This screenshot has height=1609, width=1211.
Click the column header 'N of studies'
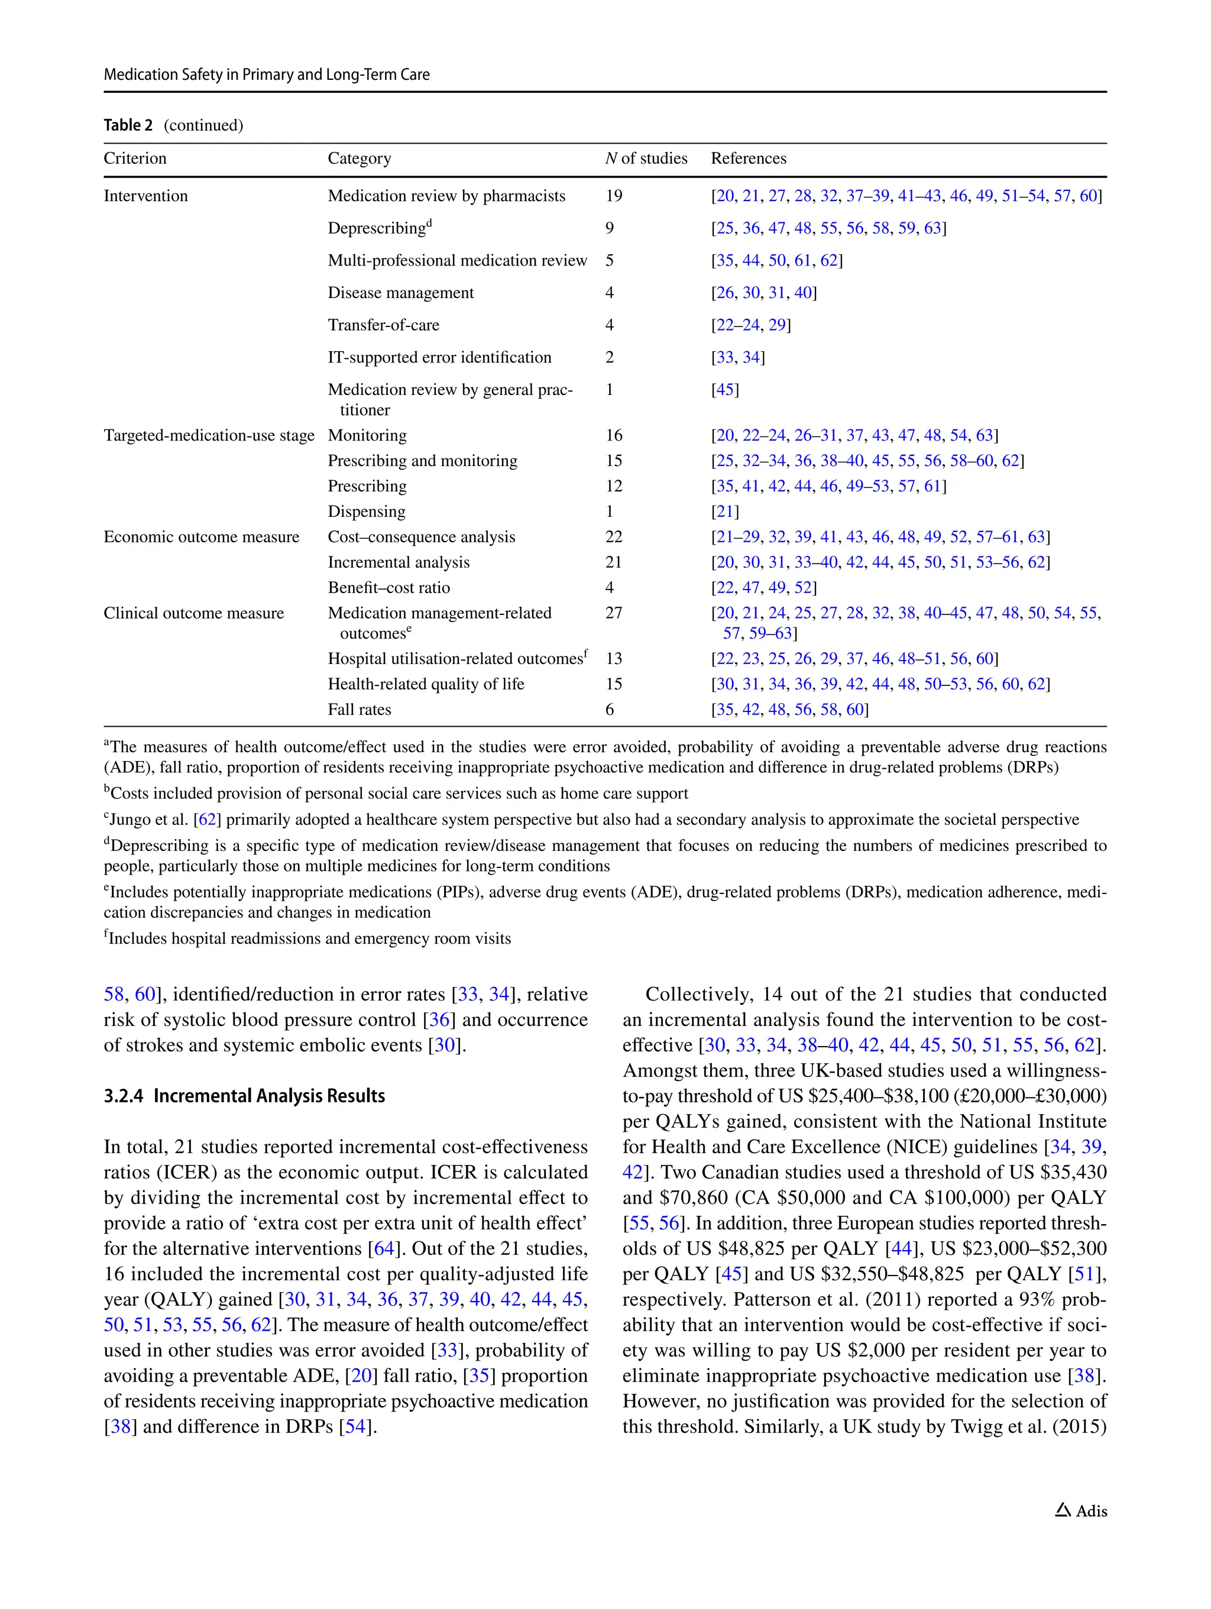click(x=645, y=158)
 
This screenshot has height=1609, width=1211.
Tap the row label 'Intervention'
click(x=145, y=196)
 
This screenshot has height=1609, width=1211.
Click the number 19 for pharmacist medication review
click(x=613, y=196)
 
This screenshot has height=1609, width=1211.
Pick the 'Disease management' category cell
click(x=400, y=293)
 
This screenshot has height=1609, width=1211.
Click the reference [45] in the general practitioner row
click(x=724, y=389)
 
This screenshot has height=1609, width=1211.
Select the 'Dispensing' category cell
click(x=366, y=511)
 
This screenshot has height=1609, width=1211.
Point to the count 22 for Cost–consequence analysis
click(x=613, y=537)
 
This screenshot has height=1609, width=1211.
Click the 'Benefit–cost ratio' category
click(x=388, y=588)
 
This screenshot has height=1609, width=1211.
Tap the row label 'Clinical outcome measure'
click(x=193, y=613)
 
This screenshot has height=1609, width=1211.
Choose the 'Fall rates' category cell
click(x=360, y=709)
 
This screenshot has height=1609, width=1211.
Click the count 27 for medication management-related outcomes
click(x=613, y=613)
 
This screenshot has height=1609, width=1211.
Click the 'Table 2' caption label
click(x=128, y=125)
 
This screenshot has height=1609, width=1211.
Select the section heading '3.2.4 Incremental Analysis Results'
click(x=244, y=1096)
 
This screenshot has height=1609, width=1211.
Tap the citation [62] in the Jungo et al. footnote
click(x=208, y=820)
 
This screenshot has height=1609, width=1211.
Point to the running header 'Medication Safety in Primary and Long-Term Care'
click(x=266, y=74)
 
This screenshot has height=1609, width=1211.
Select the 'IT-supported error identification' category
click(x=439, y=357)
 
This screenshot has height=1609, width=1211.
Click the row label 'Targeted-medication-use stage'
click(x=209, y=435)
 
